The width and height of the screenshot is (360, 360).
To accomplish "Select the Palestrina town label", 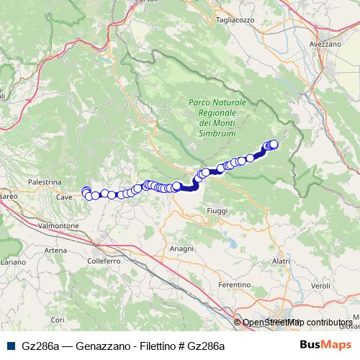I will tap(43, 183).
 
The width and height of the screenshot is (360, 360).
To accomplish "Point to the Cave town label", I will tap(64, 196).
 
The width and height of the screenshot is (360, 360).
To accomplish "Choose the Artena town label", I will tap(55, 249).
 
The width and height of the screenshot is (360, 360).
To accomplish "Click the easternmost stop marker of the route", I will tap(274, 144).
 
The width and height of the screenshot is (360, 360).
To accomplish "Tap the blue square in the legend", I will tap(7, 346).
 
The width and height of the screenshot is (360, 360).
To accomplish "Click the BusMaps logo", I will tap(326, 345).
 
